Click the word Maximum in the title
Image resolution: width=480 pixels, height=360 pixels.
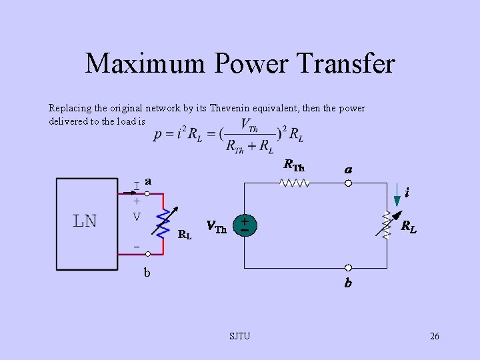click(x=146, y=63)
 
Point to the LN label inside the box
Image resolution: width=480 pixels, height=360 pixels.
click(x=85, y=221)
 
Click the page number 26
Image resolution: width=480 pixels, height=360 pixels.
click(x=434, y=336)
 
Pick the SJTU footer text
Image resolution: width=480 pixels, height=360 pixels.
click(x=239, y=336)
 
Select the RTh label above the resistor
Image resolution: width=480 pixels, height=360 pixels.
click(x=293, y=165)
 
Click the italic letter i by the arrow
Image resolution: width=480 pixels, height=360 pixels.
click(x=407, y=193)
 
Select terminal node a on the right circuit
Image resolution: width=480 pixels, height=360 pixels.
click(x=348, y=183)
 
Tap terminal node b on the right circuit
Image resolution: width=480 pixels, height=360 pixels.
click(x=348, y=268)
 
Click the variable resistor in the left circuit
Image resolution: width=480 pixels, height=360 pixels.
click(x=163, y=220)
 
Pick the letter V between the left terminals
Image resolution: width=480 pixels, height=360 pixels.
click(x=136, y=217)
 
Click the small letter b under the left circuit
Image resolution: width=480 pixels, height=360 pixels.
click(x=147, y=272)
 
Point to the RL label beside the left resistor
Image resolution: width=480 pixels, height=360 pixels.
click(x=185, y=234)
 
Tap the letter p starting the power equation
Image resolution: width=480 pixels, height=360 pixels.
click(x=157, y=134)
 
